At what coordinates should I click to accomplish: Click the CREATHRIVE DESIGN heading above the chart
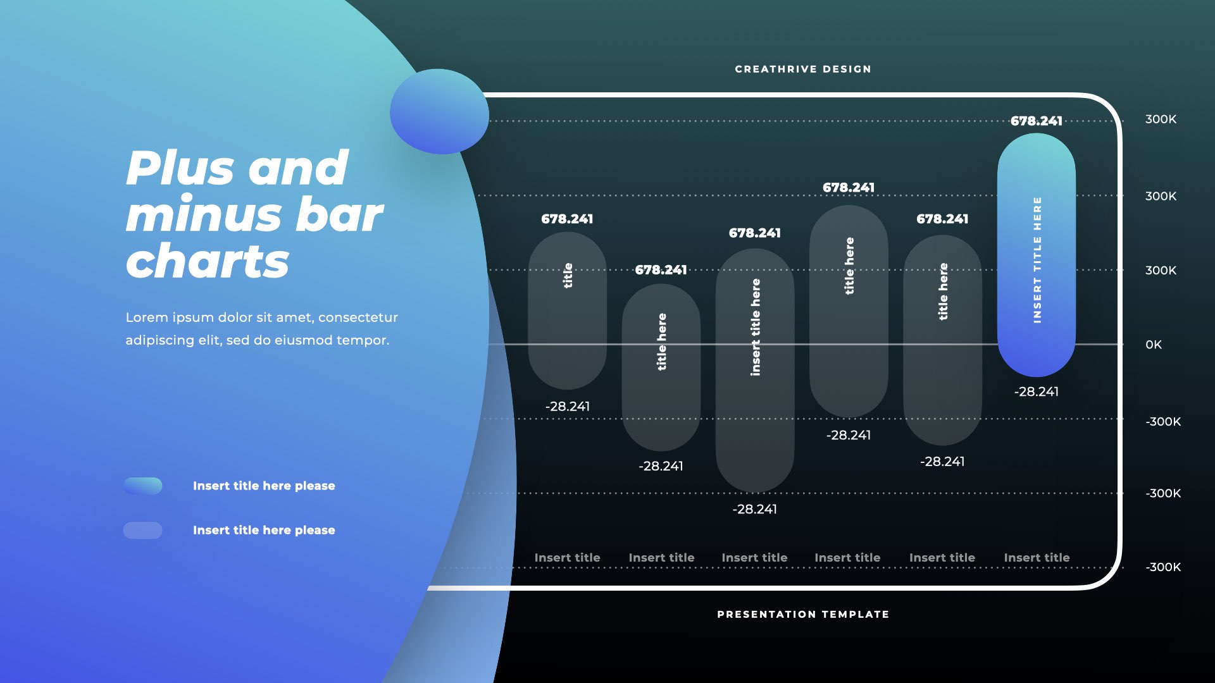(x=802, y=69)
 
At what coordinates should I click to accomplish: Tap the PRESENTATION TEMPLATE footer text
(x=802, y=614)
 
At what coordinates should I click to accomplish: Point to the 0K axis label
(x=1153, y=345)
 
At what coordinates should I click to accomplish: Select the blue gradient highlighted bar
(x=1036, y=253)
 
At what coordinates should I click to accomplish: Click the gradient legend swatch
(x=143, y=486)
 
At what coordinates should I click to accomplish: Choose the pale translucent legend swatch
(x=143, y=530)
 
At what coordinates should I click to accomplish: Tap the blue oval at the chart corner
(x=439, y=111)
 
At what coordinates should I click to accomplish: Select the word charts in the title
(x=208, y=261)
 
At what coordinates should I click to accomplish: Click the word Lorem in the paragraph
(x=147, y=317)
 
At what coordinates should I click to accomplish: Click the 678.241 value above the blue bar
(x=1036, y=121)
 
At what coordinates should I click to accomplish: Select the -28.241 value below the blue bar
(x=1036, y=391)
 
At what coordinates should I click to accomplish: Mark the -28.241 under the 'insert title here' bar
(x=754, y=509)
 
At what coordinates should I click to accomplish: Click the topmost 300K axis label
(x=1161, y=120)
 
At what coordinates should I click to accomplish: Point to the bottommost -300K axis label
(x=1162, y=567)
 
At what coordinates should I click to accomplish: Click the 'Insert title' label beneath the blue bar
(x=1036, y=558)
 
